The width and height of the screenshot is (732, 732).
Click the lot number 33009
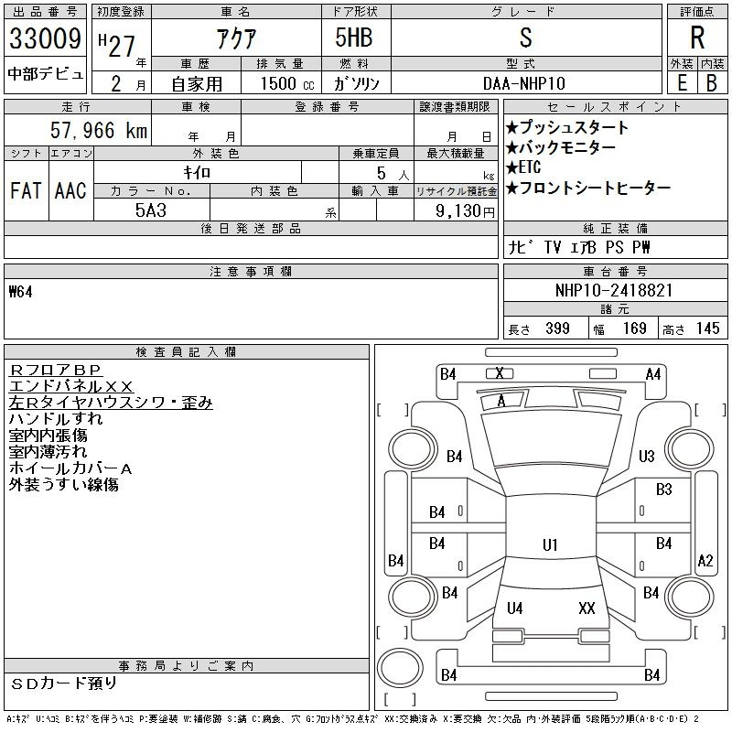coord(45,38)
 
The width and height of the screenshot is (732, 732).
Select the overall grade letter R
coord(697,38)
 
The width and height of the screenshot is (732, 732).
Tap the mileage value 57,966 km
coord(99,130)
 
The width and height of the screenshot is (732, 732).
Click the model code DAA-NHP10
coord(524,83)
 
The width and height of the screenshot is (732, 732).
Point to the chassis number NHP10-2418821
coord(613,290)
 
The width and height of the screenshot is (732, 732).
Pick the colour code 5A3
coord(151,210)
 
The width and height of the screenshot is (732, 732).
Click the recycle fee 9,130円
coord(465,211)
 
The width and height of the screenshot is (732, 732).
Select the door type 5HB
coord(354,38)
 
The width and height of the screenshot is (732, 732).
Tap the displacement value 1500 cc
coord(287,83)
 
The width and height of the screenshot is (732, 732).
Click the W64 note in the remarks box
coord(20,292)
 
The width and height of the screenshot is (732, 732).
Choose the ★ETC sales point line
coord(522,167)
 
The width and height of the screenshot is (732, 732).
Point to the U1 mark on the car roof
coord(550,544)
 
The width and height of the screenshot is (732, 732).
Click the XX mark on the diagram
coord(587,608)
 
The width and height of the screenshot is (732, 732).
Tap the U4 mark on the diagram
coord(514,608)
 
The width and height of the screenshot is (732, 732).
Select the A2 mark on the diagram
coord(705,560)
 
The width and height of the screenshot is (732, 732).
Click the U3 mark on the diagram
coord(647,456)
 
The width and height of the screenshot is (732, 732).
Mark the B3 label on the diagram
coord(663,490)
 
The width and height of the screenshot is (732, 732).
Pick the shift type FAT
coord(26,190)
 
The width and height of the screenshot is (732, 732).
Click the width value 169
coord(634,328)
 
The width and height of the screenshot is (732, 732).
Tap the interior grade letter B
coord(712,83)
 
